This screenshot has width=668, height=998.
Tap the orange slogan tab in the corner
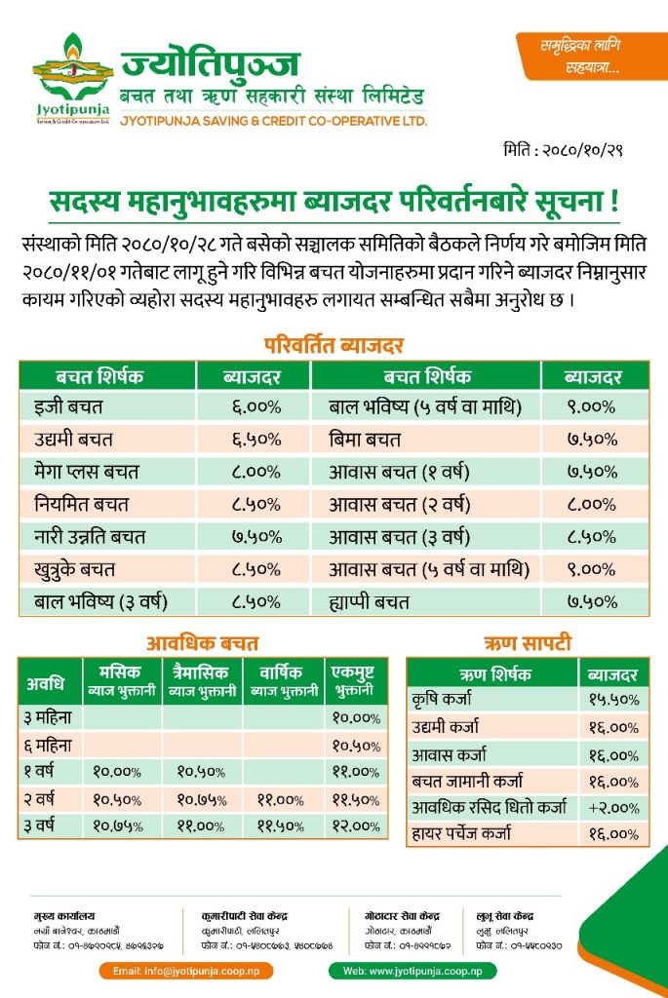point(591,56)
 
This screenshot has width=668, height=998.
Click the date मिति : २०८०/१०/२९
point(563,150)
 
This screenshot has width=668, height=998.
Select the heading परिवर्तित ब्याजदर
point(334,345)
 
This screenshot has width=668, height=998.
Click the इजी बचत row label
point(68,406)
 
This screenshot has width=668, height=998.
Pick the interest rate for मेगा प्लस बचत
point(255,472)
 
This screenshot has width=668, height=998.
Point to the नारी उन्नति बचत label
point(90,537)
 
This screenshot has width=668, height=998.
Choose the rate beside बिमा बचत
point(592,440)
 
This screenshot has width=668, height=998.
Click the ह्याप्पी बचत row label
point(369,601)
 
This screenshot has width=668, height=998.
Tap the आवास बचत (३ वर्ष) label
point(399,537)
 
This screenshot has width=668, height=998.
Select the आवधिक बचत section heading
point(203,643)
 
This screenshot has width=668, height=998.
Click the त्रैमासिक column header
point(203,680)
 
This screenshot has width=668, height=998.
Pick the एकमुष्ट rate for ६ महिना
point(356,746)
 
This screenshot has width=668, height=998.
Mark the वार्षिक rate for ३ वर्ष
point(281,826)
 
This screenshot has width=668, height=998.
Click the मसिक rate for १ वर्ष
point(117,772)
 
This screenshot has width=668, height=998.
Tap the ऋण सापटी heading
point(528,643)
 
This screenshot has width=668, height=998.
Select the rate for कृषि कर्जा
point(613,700)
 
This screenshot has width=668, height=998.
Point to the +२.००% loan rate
point(613,808)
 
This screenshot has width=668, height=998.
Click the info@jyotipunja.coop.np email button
point(186,972)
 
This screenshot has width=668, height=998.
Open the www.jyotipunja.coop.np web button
point(413,972)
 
